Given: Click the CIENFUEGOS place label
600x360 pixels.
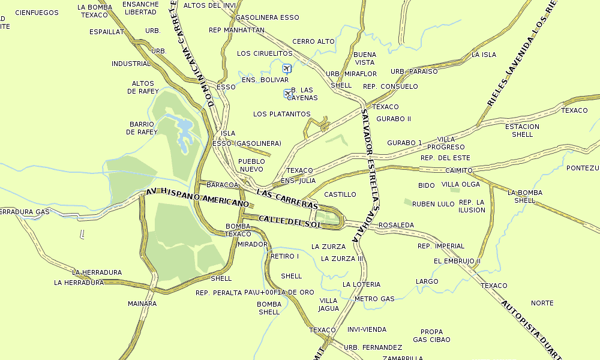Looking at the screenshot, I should click(37, 12).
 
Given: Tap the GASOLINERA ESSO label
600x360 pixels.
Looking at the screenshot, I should click(267, 17).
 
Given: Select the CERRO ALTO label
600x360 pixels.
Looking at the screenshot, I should click(313, 41).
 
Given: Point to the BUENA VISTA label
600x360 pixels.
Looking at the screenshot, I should click(365, 58).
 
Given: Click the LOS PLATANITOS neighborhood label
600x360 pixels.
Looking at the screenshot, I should click(281, 114).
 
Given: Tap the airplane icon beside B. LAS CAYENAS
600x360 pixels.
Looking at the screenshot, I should click(287, 93).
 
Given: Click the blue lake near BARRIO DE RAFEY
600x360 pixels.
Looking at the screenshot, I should click(184, 127).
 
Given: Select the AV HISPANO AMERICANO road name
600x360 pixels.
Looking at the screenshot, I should click(197, 198).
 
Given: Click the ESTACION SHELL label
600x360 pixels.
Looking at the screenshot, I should click(522, 130).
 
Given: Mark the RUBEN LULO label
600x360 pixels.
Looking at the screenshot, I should click(433, 204).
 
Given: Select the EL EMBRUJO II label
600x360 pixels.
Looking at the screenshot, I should click(457, 261).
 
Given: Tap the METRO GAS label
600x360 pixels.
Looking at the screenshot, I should click(374, 299).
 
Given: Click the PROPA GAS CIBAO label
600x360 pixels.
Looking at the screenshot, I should click(431, 335).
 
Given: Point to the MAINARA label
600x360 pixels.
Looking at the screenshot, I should click(142, 304).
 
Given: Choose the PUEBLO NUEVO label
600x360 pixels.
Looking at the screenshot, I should click(251, 165).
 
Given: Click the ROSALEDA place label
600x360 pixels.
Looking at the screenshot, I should click(396, 225).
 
